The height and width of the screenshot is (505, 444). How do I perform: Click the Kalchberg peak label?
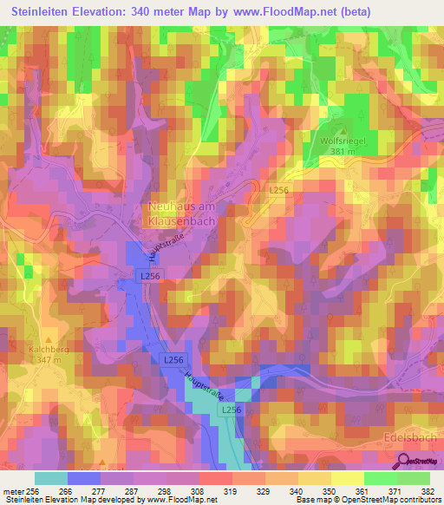pos(49,350)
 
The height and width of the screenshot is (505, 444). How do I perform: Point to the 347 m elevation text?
pos(49,360)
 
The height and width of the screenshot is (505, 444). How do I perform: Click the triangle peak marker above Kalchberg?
pos(49,339)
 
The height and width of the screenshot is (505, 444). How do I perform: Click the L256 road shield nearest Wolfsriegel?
pos(278,189)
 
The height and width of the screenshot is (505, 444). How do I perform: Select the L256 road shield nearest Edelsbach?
pos(230,409)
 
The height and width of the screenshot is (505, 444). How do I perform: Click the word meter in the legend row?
pos(12,491)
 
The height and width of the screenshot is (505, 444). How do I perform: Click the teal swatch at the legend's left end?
pos(50,478)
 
